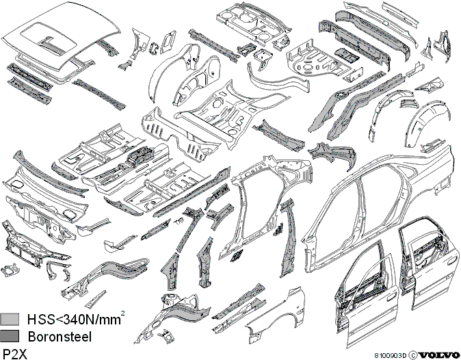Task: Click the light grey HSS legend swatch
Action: (10, 319)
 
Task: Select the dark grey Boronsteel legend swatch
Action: (10, 335)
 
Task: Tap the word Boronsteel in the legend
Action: (60, 337)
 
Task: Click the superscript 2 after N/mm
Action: (122, 314)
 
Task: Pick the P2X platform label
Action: (14, 354)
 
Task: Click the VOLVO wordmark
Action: (440, 355)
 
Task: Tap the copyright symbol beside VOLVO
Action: (413, 355)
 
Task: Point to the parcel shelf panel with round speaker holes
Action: (254, 23)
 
